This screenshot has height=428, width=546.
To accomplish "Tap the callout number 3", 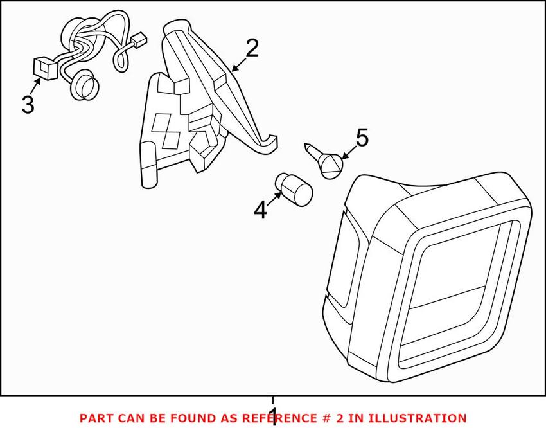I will (x=27, y=104).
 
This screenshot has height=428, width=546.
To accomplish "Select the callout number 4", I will (x=260, y=210).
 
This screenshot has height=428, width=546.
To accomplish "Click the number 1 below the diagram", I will (x=272, y=416).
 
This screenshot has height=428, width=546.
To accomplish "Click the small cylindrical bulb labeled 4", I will (x=294, y=186).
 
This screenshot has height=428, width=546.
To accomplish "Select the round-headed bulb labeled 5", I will (x=329, y=165).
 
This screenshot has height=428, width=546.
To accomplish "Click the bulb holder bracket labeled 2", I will (x=193, y=109).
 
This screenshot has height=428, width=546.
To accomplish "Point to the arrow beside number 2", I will (x=236, y=65).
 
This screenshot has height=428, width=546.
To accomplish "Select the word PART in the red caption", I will (x=96, y=418).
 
